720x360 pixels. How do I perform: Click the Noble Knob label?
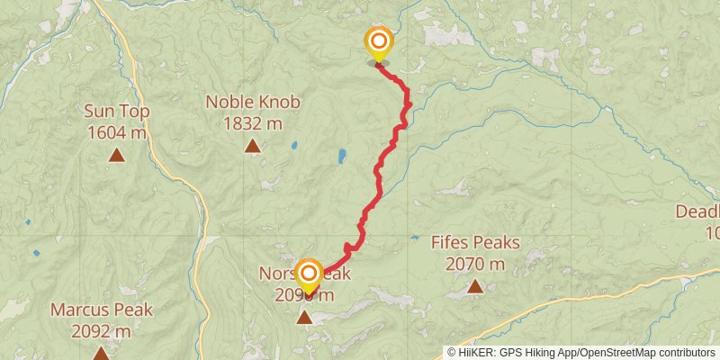253,102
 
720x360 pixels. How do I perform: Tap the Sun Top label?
117,112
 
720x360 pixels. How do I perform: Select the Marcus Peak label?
101,310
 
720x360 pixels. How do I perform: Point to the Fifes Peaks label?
475,242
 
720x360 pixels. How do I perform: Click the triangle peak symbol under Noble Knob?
253,146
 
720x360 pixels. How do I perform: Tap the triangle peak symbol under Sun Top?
117,156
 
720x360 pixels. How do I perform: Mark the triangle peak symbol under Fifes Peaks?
475,287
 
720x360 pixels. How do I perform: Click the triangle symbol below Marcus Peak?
101,354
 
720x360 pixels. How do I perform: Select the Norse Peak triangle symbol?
306,318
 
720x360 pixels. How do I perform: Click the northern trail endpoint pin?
379,42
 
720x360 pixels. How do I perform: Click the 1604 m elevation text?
117,133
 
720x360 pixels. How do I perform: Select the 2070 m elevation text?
475,264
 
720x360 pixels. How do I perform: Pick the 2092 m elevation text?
101,332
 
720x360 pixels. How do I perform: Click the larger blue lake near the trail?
342,157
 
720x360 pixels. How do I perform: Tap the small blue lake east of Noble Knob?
293,144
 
